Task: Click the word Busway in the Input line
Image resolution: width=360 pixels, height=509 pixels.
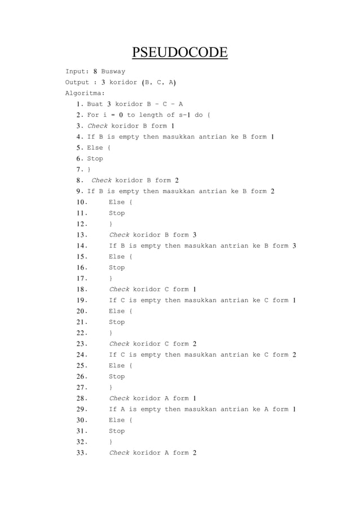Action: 113,72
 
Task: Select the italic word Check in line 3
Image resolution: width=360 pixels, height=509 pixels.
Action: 97,126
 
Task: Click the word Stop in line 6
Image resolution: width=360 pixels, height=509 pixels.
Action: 95,159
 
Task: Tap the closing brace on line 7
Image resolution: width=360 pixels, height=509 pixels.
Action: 89,169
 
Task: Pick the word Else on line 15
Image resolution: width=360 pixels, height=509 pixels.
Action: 117,257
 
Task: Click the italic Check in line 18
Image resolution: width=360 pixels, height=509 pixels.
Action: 119,289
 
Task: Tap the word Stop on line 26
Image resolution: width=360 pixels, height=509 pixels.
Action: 117,376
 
